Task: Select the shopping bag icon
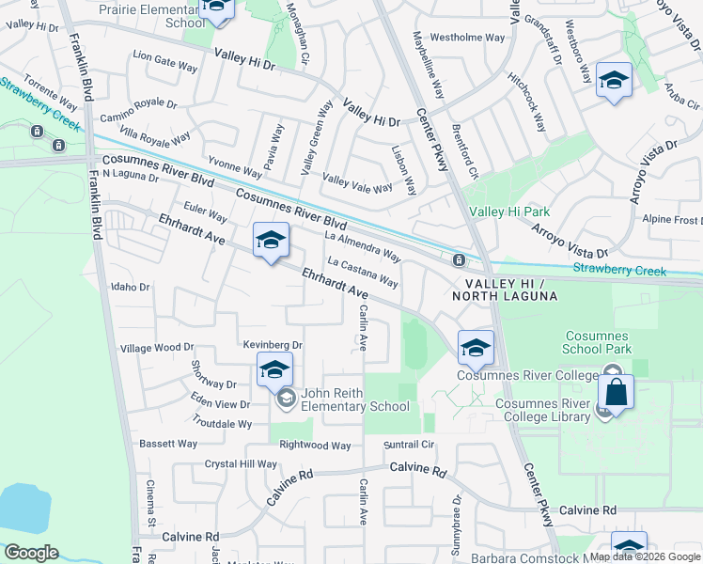pos(616,392)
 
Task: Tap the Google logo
pos(32,553)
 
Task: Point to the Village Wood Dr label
pos(157,348)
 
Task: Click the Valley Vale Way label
pos(357,182)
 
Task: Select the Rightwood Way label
pos(315,446)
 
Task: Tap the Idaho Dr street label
pos(131,287)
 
